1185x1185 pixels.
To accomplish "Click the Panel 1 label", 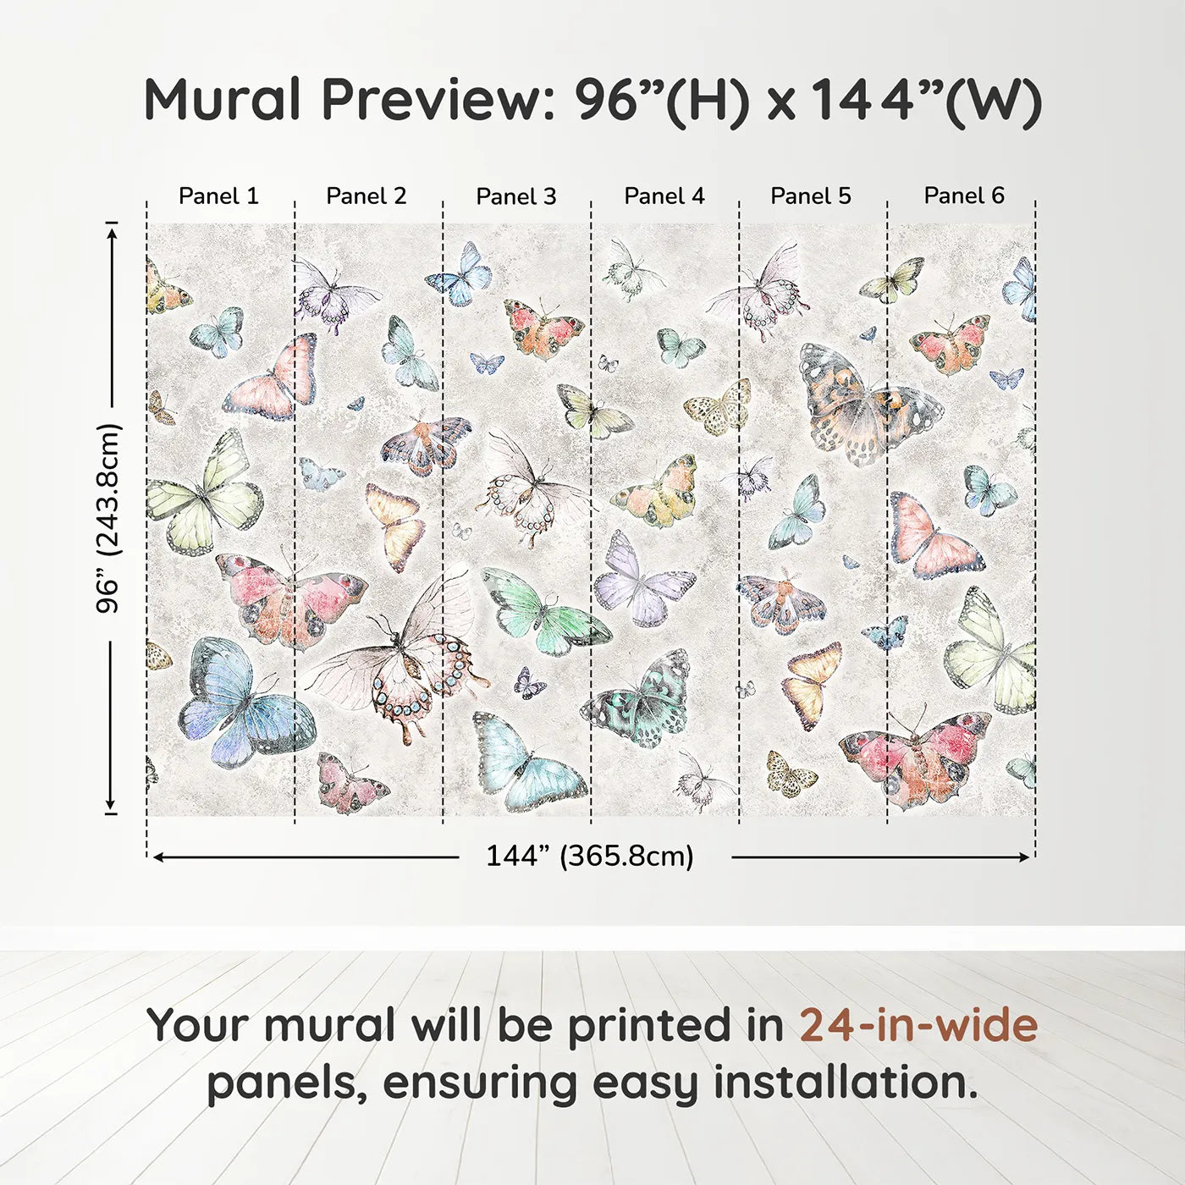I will pyautogui.click(x=218, y=196).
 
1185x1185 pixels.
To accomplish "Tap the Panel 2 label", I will pyautogui.click(x=366, y=196).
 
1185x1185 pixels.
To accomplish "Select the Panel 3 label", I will pyautogui.click(x=515, y=197).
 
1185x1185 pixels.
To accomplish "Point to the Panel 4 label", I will pyautogui.click(x=664, y=196).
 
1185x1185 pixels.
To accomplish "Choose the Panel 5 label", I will pyautogui.click(x=810, y=196).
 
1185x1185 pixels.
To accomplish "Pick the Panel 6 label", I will pyautogui.click(x=963, y=196).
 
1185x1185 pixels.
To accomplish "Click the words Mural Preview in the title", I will pyautogui.click(x=347, y=101).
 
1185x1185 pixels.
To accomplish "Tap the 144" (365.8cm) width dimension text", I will pyautogui.click(x=589, y=857).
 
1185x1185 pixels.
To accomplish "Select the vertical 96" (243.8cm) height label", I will pyautogui.click(x=109, y=518).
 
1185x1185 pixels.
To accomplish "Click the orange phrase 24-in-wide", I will pyautogui.click(x=918, y=1026).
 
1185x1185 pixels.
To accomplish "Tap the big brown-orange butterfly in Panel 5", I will pyautogui.click(x=863, y=406).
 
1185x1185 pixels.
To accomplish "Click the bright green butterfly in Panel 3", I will pyautogui.click(x=542, y=609).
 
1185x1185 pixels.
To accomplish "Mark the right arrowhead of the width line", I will pyautogui.click(x=1025, y=857).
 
